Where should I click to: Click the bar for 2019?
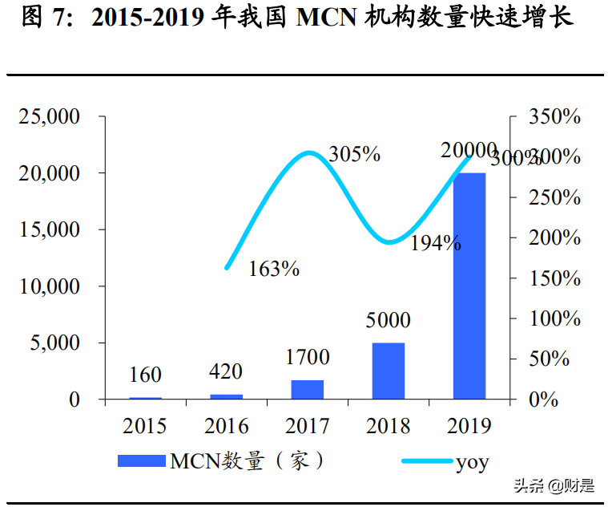tap(469, 286)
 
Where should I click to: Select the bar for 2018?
tap(389, 371)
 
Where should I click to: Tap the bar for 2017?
tap(307, 389)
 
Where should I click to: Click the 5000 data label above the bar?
tap(388, 321)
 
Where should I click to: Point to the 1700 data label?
tap(307, 357)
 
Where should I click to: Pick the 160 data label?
tap(145, 375)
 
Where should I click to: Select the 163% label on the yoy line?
tap(274, 269)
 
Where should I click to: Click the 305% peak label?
tap(354, 154)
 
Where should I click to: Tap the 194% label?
tap(436, 243)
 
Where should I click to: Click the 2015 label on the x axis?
tap(145, 425)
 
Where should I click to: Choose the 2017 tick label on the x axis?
tap(307, 425)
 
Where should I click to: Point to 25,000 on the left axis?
tap(50, 117)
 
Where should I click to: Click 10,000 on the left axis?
tap(50, 286)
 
